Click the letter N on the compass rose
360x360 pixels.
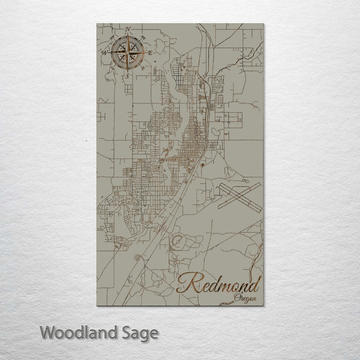(128, 28)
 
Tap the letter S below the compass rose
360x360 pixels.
(127, 76)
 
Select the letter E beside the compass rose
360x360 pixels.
(150, 52)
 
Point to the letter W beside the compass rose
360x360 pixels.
(105, 52)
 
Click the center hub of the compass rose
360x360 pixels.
(128, 51)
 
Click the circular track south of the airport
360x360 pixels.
(178, 242)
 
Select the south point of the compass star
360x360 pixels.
(128, 69)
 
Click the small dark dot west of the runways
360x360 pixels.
(202, 164)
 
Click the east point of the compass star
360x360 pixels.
(145, 51)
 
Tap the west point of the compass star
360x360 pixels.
(110, 51)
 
